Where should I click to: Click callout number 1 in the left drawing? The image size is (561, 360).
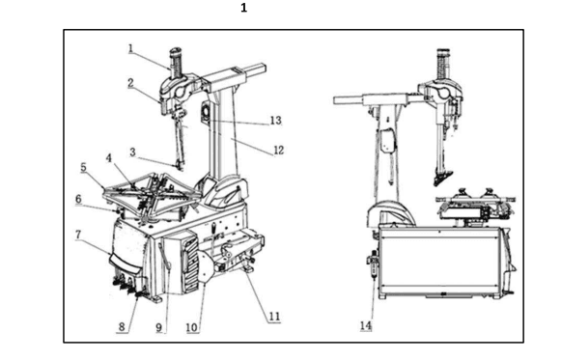(131, 48)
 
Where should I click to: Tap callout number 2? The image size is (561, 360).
(130, 83)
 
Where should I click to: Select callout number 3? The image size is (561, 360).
(132, 152)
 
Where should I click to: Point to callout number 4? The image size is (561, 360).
(109, 158)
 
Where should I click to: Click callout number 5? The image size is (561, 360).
(83, 167)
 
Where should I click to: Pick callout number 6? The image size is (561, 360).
(78, 199)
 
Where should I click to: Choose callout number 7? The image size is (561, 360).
(78, 235)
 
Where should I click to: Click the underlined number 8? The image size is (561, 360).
(122, 326)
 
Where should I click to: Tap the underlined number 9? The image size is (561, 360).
(159, 327)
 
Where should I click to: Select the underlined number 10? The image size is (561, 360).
(192, 327)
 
